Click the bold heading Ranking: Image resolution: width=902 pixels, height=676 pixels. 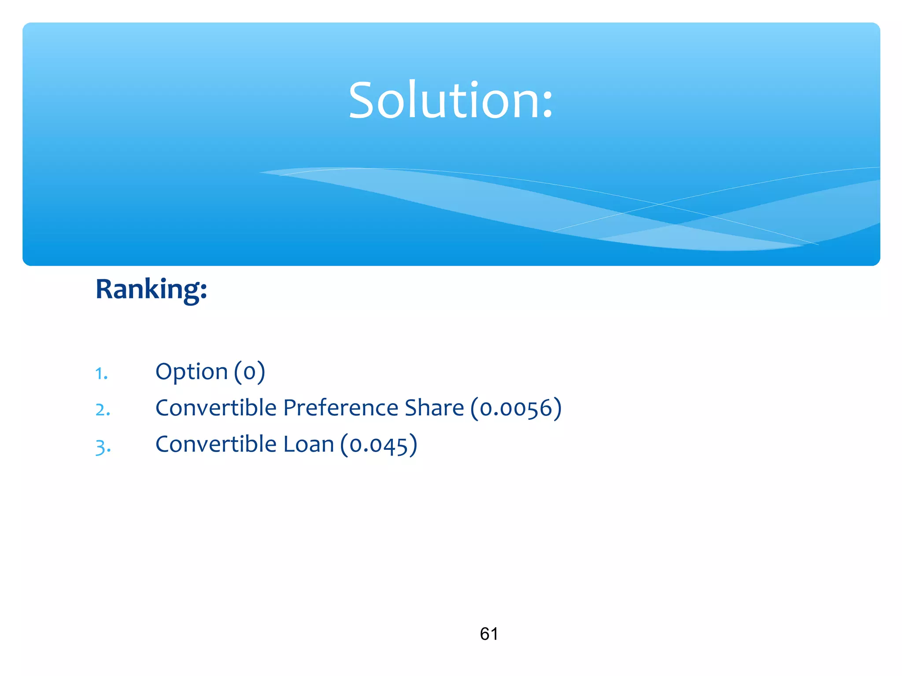point(151,290)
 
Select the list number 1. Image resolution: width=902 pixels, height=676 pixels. point(101,374)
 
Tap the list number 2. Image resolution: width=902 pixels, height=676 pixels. point(103,410)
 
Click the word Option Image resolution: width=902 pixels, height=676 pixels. point(192,372)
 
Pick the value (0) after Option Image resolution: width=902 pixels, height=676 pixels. point(249,372)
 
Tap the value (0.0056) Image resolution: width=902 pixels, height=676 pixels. point(516,408)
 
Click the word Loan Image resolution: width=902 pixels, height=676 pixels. point(308,444)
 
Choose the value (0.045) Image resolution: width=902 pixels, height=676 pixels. point(379,445)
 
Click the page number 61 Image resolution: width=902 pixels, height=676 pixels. point(489,634)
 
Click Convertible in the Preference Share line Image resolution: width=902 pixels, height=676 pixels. point(216,408)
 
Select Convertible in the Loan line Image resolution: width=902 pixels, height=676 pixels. point(216,444)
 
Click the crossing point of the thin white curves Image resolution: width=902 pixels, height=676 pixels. point(659,204)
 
